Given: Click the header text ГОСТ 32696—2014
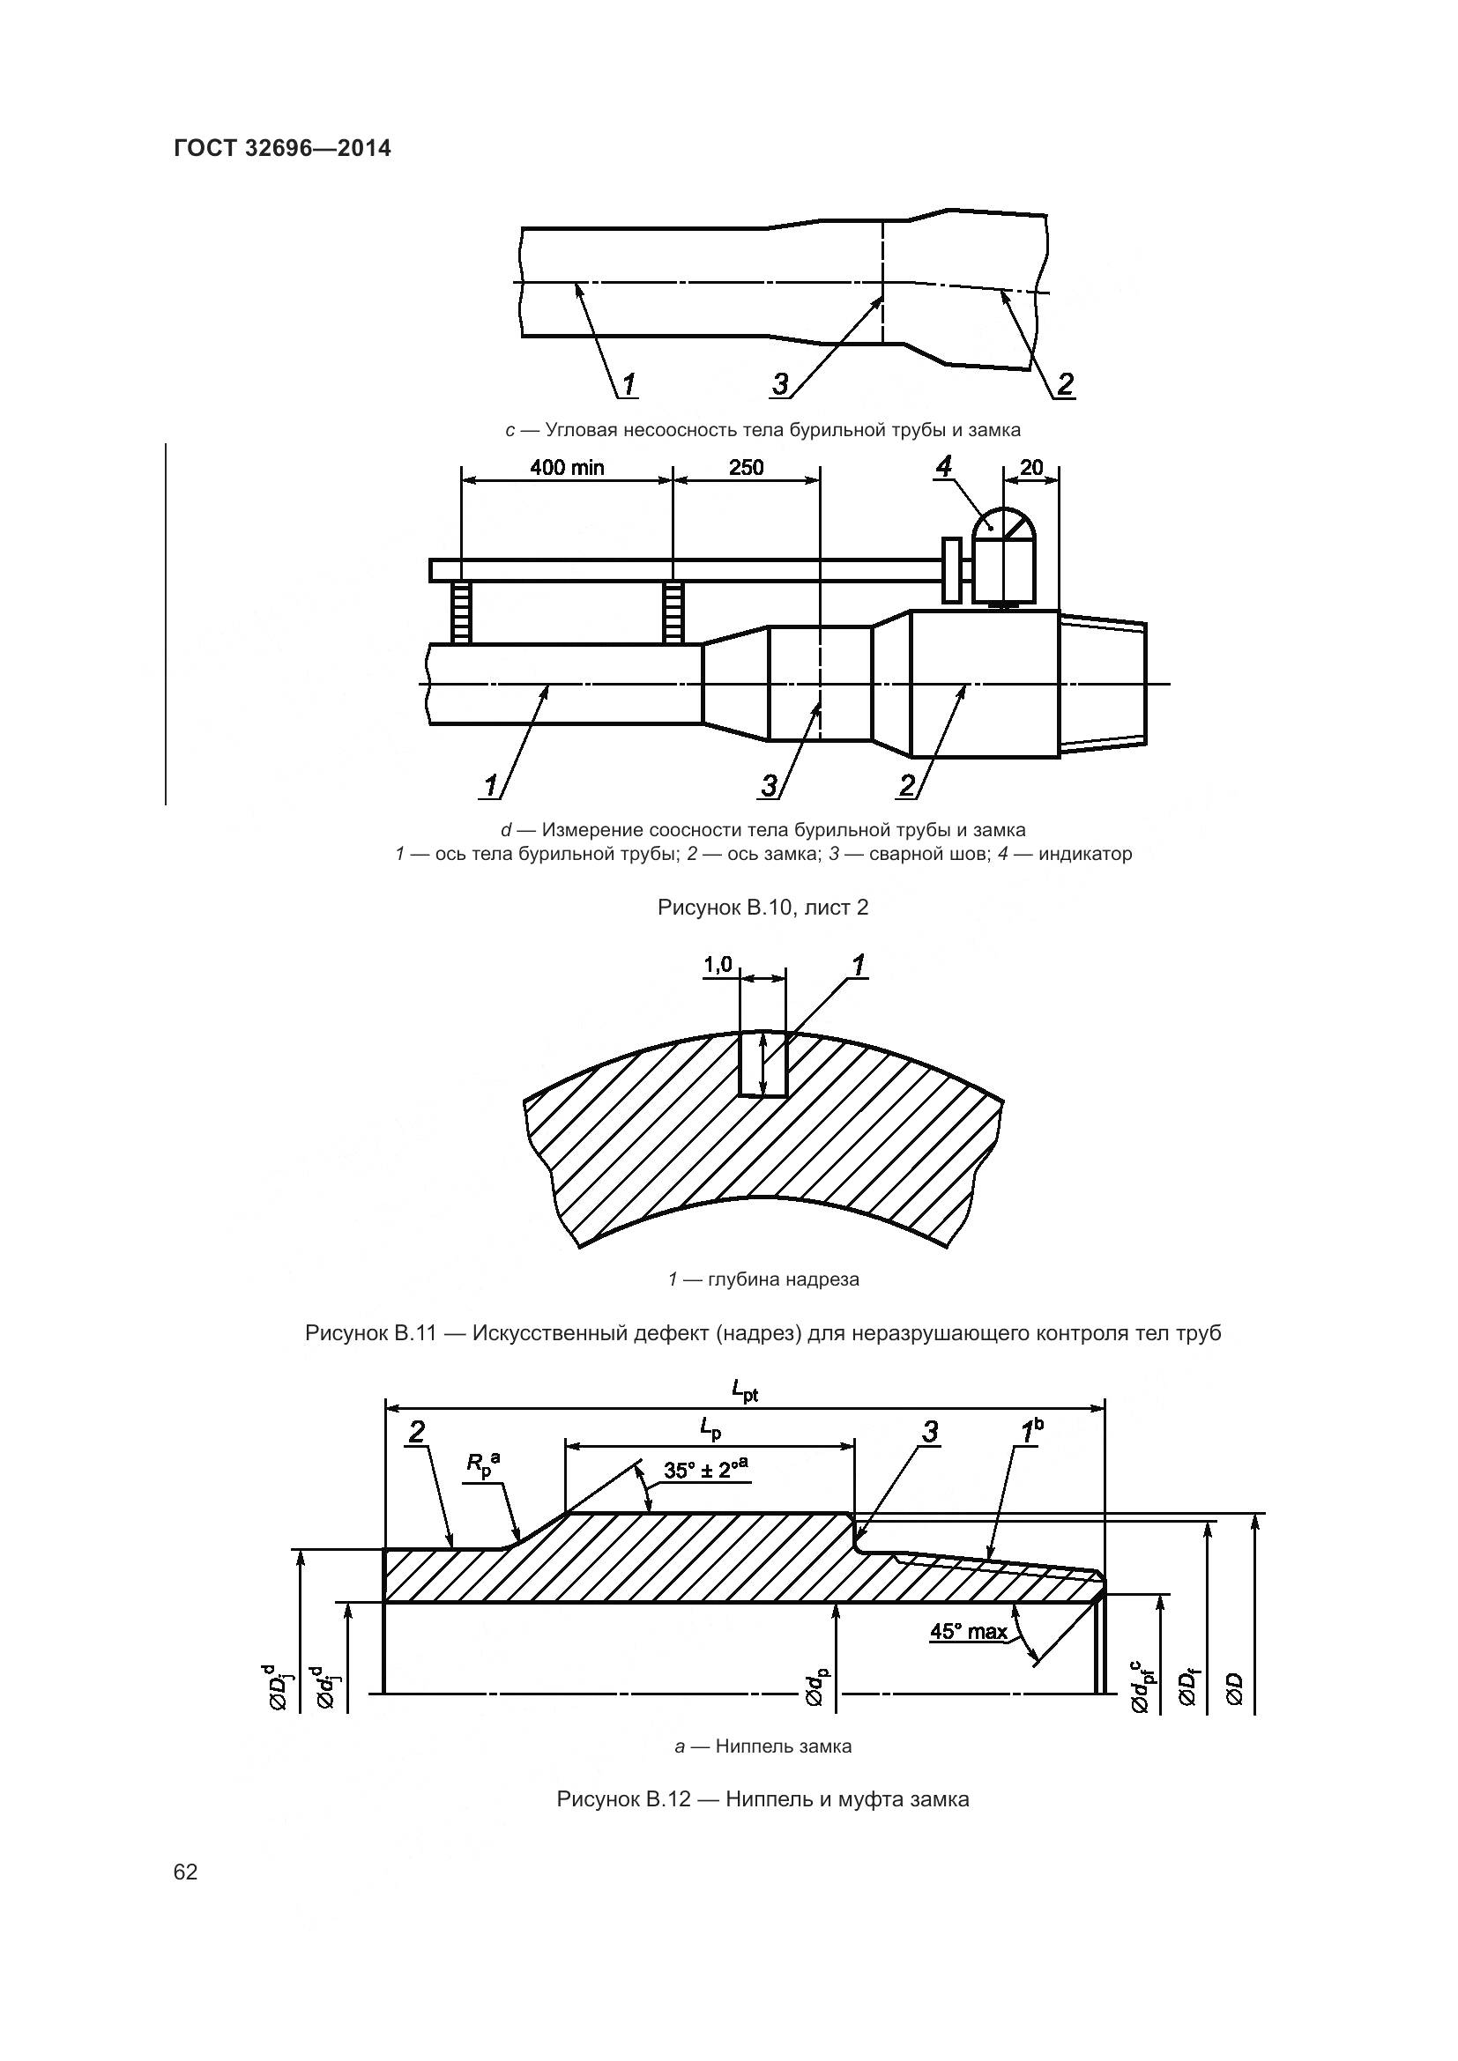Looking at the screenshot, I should coord(282,148).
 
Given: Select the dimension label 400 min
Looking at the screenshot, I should coord(567,467).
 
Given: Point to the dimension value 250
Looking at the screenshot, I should coord(746,467).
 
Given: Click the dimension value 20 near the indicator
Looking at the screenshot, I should coord(1031,467).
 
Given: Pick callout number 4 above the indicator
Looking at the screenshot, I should coord(942,465).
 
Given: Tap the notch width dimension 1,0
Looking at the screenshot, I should coord(718,965).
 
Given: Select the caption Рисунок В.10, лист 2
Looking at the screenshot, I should coord(762,908).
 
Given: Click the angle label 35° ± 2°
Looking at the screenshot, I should coord(706,1470).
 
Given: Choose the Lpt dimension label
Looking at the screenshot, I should coord(744,1392).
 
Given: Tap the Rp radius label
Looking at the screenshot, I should coord(482,1464).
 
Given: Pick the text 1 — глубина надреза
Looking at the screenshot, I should coord(762,1279).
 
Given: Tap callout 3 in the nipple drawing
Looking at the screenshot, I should coord(930,1432).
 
